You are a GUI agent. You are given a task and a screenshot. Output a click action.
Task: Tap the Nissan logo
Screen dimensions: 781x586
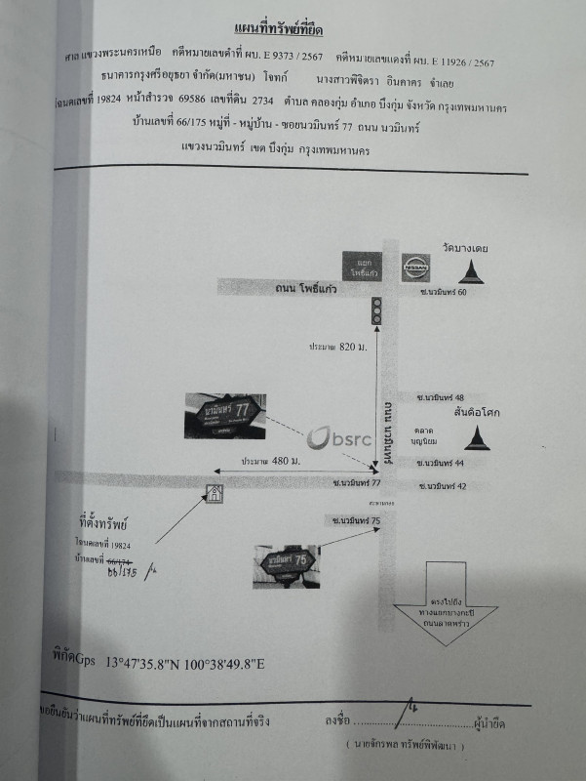[x=415, y=265]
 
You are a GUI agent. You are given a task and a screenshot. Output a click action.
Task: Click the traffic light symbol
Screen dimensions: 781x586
[x=376, y=311]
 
